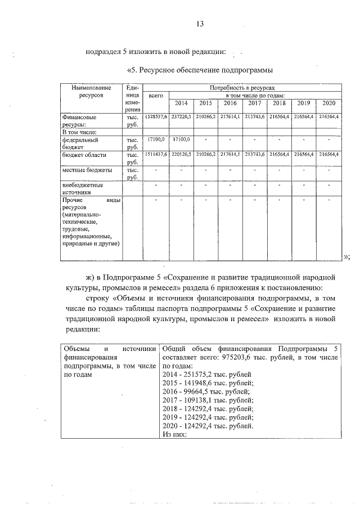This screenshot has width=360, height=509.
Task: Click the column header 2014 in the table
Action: [x=181, y=103]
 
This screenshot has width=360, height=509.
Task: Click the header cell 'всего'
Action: [x=155, y=96]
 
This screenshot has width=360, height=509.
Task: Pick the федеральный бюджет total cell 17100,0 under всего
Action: [x=156, y=139]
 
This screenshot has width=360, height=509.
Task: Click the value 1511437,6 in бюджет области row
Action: [x=156, y=154]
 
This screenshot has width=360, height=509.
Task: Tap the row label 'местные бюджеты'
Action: [x=87, y=169]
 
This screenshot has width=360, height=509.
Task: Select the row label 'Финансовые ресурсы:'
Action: [x=82, y=120]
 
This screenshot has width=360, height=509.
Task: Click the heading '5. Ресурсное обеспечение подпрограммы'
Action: [x=200, y=70]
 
